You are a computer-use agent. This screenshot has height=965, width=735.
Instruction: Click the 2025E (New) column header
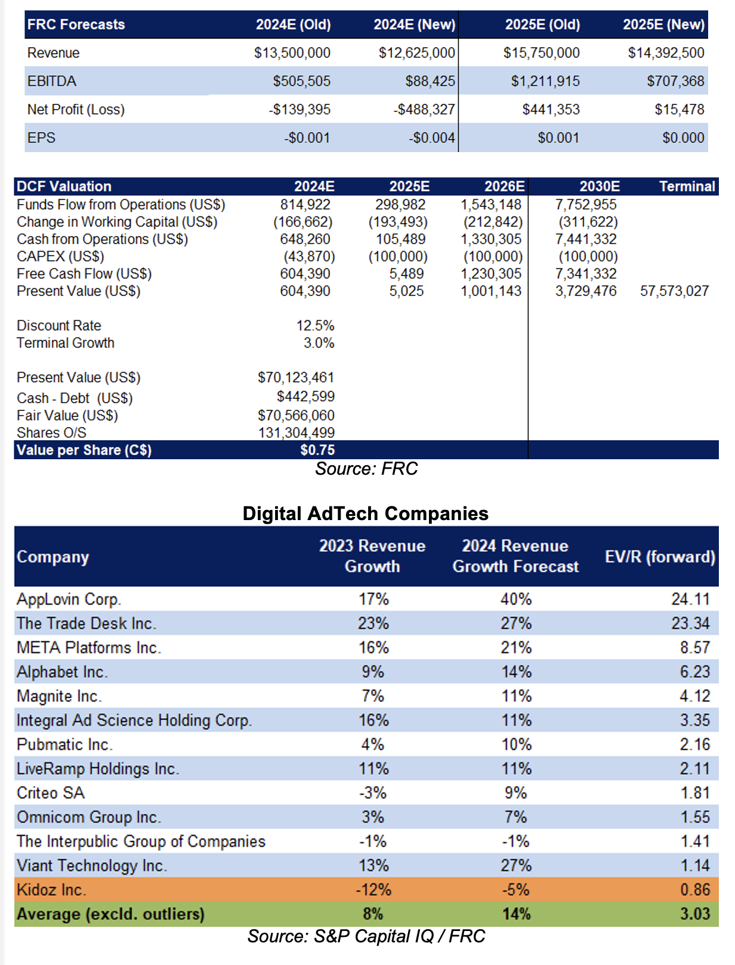pyautogui.click(x=663, y=24)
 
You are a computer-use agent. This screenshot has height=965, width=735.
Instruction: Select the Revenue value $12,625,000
pyautogui.click(x=417, y=52)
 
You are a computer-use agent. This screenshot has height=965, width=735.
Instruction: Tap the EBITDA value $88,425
pyautogui.click(x=430, y=81)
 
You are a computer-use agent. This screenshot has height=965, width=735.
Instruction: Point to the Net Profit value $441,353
pyautogui.click(x=551, y=109)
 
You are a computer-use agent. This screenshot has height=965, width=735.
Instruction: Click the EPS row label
pyautogui.click(x=41, y=138)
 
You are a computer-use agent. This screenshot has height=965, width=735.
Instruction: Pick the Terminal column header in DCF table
pyautogui.click(x=687, y=187)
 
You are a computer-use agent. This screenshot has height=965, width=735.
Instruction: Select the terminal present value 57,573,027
pyautogui.click(x=674, y=291)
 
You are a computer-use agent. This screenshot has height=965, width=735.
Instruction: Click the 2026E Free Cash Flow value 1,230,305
pyautogui.click(x=490, y=274)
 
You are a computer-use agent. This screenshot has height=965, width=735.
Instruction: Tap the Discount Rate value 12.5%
pyautogui.click(x=315, y=326)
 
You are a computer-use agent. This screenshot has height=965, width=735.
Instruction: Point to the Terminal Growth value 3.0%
pyautogui.click(x=319, y=343)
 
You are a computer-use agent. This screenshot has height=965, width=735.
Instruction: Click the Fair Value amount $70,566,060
pyautogui.click(x=296, y=416)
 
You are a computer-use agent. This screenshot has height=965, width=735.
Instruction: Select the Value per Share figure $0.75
pyautogui.click(x=317, y=450)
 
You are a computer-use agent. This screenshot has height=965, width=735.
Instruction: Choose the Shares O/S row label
pyautogui.click(x=51, y=433)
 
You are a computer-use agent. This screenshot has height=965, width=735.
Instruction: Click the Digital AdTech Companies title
pyautogui.click(x=366, y=514)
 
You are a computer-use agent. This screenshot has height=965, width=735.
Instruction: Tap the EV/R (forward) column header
pyautogui.click(x=660, y=557)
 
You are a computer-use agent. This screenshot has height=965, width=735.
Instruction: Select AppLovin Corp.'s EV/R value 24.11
pyautogui.click(x=690, y=599)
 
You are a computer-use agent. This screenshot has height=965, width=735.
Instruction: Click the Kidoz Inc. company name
pyautogui.click(x=51, y=890)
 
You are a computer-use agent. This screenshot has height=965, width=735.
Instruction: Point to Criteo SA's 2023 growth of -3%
pyautogui.click(x=373, y=793)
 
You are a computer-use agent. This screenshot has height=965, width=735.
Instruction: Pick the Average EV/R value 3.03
pyautogui.click(x=695, y=914)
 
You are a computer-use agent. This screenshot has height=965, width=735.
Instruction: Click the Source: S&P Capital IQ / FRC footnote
pyautogui.click(x=366, y=936)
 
